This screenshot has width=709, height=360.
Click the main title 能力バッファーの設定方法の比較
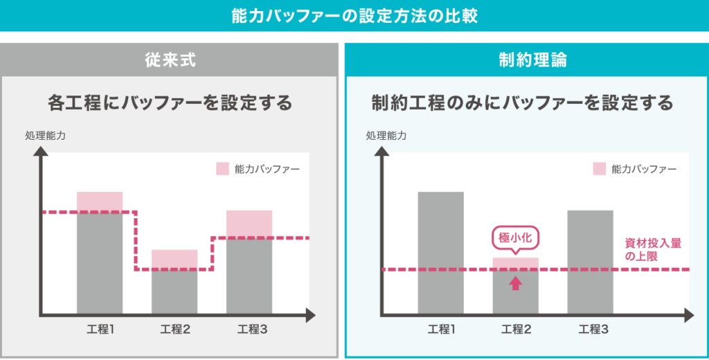[x=354, y=15]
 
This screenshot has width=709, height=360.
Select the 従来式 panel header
[x=169, y=60]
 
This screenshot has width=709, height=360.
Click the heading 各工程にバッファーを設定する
[x=170, y=103]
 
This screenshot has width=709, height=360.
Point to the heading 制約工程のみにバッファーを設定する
[x=522, y=103]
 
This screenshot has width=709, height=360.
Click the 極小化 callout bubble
[x=515, y=237]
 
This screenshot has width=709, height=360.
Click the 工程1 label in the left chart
[x=100, y=329]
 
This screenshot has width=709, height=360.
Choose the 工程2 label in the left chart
[x=174, y=329]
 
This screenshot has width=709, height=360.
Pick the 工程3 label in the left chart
[x=249, y=329]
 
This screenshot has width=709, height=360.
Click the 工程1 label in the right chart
[x=441, y=329]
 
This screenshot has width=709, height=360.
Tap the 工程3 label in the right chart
[x=591, y=329]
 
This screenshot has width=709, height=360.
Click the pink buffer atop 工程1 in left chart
[x=100, y=201]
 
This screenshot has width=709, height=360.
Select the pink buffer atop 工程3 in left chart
[x=249, y=224]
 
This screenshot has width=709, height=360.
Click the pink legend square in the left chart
[x=222, y=168]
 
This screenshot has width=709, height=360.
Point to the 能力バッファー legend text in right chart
[x=643, y=169]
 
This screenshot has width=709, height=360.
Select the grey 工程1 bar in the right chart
[x=441, y=253]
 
